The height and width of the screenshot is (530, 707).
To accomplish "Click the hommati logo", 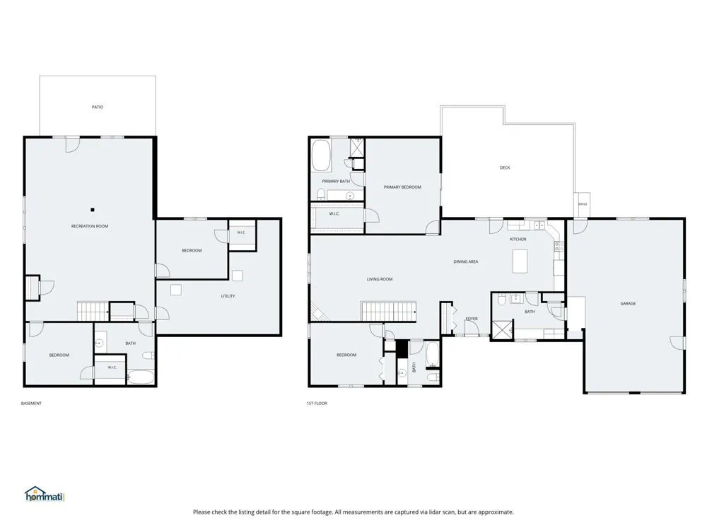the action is point(45,494).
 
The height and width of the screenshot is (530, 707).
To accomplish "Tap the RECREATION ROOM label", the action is point(90,226).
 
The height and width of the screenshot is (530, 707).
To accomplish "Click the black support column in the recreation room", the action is point(93,210).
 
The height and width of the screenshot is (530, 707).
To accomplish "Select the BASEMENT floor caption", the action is point(31,404).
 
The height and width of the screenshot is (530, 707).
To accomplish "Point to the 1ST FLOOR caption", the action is point(317,404).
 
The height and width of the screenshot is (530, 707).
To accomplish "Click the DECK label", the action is point(505,167).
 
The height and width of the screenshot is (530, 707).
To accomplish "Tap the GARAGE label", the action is point(628,304).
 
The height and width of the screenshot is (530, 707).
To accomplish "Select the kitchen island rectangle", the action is point(520,261).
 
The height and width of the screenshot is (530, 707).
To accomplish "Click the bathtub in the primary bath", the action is point(321,155).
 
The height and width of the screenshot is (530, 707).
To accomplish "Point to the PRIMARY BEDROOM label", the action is point(402,187).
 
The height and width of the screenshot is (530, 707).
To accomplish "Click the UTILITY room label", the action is point(228,296).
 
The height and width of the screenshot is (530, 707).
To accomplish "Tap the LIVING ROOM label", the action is point(380,279).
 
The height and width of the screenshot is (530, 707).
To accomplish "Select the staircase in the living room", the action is point(388,312).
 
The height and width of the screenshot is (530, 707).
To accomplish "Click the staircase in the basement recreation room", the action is point(93,311).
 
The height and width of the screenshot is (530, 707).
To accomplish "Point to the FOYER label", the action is point(472,319).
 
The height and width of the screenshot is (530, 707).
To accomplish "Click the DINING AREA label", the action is point(466,262).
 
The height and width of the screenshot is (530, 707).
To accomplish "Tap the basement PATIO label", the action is point(98,107).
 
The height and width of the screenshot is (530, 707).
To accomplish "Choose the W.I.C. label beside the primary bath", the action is point(334,213).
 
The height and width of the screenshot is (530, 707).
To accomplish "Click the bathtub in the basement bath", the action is point(141,377).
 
